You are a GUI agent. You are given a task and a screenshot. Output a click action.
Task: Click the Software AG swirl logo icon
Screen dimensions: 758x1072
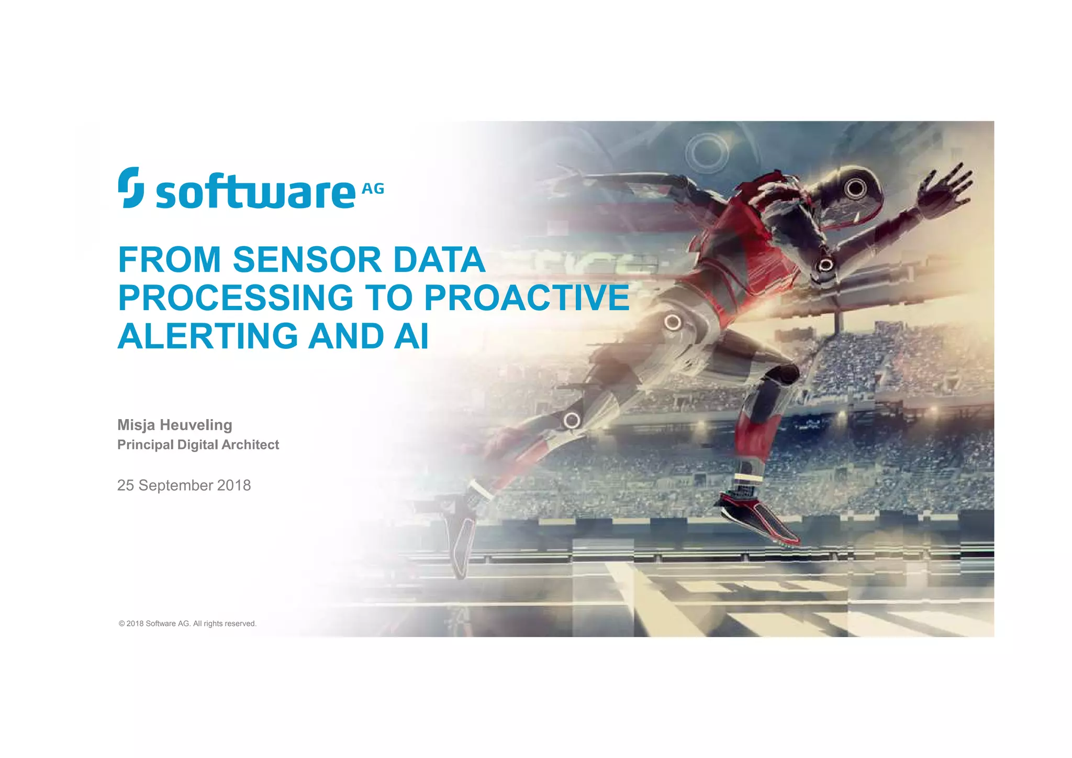[x=131, y=188]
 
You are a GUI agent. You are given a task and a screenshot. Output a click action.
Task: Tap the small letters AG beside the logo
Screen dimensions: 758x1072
[x=373, y=189]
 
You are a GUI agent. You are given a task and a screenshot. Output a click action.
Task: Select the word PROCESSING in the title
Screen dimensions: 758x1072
[x=236, y=298]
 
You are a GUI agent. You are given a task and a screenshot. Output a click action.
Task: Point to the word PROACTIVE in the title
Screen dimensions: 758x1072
[x=527, y=298]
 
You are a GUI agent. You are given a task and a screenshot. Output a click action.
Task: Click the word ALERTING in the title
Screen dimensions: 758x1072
[x=207, y=336]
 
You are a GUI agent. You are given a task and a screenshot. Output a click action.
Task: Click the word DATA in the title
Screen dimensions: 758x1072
[x=439, y=260]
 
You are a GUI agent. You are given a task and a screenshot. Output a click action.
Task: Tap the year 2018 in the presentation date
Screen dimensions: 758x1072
[x=234, y=486]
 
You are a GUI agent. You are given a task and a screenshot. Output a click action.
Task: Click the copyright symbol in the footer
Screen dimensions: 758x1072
[x=121, y=624]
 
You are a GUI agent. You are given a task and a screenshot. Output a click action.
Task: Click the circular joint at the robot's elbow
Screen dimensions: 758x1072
[x=825, y=265]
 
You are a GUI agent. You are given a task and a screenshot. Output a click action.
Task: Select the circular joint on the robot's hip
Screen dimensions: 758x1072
[x=673, y=322]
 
